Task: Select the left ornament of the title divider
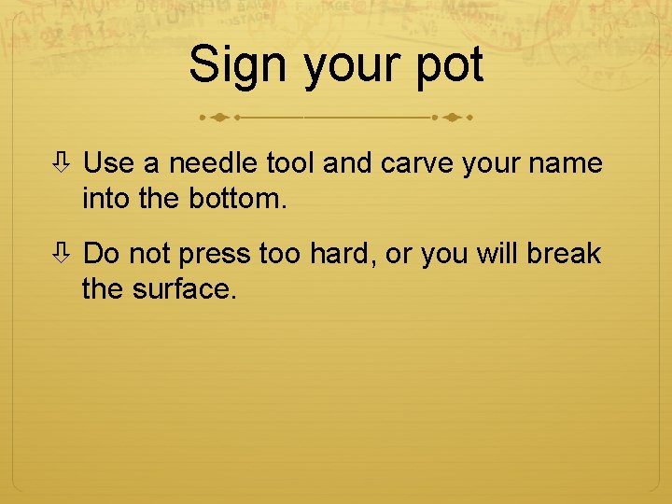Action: [x=217, y=119]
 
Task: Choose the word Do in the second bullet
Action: [x=101, y=254]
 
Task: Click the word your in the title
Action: [x=346, y=67]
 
